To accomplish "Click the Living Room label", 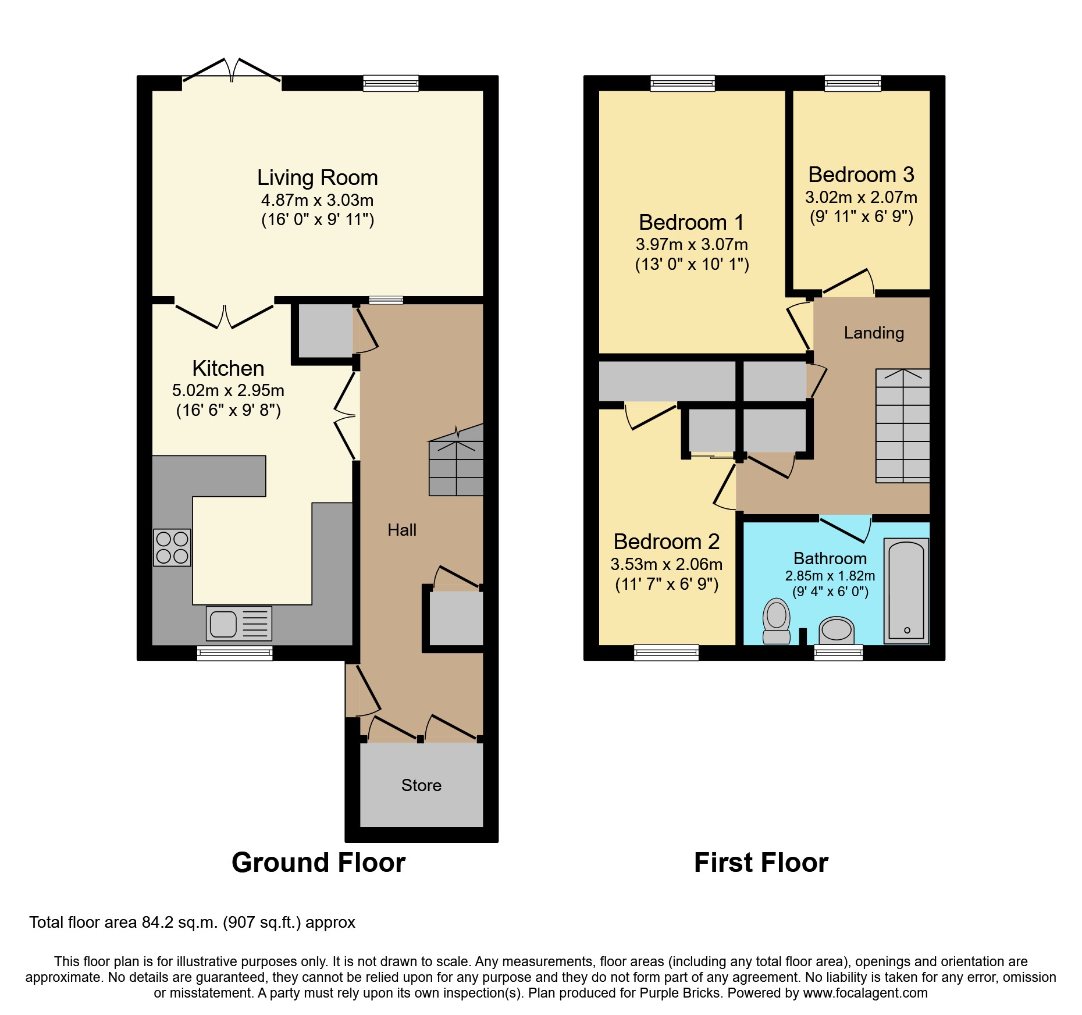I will (x=317, y=177).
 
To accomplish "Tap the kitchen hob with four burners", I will (x=172, y=547).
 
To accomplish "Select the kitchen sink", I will (x=239, y=624).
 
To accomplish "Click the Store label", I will (x=421, y=785).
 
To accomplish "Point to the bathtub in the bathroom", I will (x=906, y=591).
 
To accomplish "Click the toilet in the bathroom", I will (x=776, y=621).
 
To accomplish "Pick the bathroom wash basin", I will (x=837, y=631).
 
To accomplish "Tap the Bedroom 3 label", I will (x=861, y=174).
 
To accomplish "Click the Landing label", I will (x=874, y=333).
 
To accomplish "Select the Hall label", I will (x=402, y=530).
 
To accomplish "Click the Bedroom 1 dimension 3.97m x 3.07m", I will (x=692, y=245).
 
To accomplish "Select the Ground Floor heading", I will (x=318, y=863).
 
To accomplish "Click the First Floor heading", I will (x=761, y=863).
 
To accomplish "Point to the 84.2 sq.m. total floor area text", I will (x=192, y=923).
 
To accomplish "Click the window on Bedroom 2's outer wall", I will (x=666, y=653).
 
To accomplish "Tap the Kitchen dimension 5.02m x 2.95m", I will (x=228, y=390).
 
